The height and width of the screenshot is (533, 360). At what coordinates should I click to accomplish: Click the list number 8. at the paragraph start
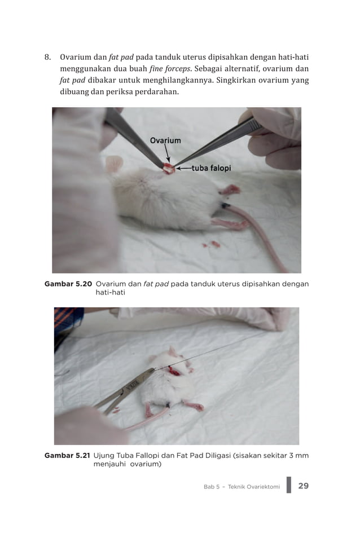[x=49, y=58]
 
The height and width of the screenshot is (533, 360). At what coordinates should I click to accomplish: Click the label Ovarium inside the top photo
[x=165, y=140]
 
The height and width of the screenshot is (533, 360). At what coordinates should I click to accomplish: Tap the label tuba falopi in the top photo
[x=212, y=168]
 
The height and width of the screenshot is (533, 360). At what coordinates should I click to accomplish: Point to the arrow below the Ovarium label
[x=167, y=153]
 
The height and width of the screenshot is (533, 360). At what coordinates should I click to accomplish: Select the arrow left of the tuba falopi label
[x=183, y=168]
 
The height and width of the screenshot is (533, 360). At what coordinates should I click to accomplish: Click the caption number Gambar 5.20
[x=68, y=284]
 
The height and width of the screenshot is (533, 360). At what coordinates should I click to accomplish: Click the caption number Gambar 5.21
[x=67, y=455]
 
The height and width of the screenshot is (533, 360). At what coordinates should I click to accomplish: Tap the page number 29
[x=303, y=486]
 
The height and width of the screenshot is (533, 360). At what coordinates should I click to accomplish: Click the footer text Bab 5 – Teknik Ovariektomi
[x=242, y=487]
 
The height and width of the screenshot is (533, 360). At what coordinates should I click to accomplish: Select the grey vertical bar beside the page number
[x=288, y=485]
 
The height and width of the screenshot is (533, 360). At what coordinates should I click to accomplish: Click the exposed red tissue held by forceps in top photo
[x=169, y=168]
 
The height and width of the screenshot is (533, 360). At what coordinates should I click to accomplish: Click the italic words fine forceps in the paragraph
[x=170, y=69]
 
